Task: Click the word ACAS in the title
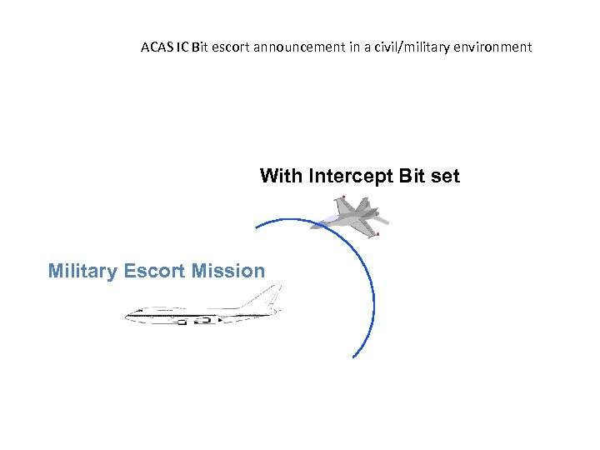click(157, 47)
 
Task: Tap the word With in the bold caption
click(281, 176)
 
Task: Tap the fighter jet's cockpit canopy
click(331, 218)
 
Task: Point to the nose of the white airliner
click(127, 316)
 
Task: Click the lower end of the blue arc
click(354, 357)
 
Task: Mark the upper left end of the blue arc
click(256, 227)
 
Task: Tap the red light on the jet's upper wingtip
click(343, 197)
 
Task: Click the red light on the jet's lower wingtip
click(377, 234)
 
